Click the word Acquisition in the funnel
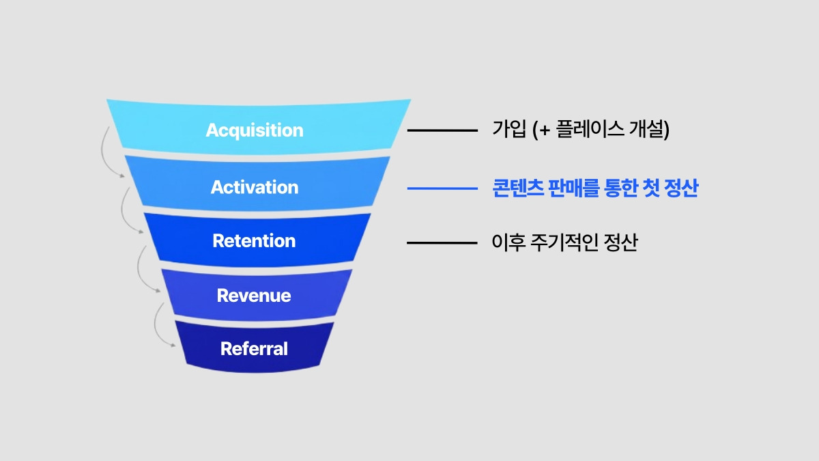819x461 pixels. point(255,130)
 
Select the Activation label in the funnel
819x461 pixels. point(255,187)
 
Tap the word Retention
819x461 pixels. point(254,241)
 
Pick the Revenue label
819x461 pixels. point(254,296)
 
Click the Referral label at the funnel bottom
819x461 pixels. point(254,349)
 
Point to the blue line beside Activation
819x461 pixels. point(442,188)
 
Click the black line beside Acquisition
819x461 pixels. point(442,130)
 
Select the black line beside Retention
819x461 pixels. point(442,242)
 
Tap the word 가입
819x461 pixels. point(508,130)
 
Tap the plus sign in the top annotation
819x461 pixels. point(544,130)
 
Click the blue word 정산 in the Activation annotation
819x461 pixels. point(680,188)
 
